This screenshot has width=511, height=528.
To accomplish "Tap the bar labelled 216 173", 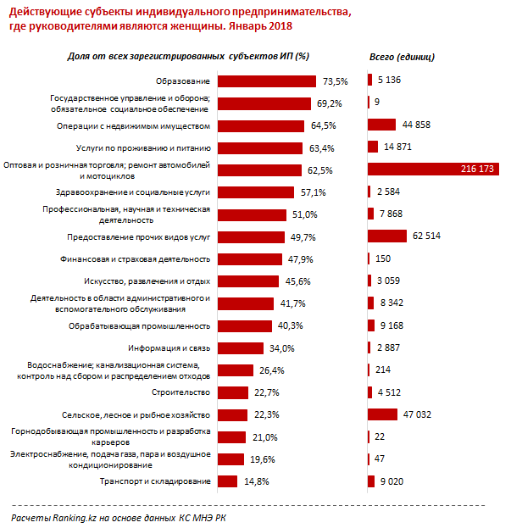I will pos(433,170).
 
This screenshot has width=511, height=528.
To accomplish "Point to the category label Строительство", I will pos(180,392).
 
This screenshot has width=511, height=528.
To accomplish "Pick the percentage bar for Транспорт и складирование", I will pos(228,481).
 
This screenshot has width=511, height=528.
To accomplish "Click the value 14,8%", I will pos(256,481).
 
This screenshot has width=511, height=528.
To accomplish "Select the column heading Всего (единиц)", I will pos(403,57).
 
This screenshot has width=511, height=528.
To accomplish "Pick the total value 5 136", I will pos(394,81).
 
